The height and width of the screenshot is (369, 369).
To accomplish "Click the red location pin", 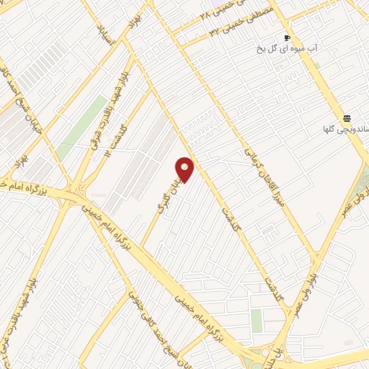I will pos(185,169).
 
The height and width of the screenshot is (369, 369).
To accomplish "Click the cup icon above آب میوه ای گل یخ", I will pos(287,37).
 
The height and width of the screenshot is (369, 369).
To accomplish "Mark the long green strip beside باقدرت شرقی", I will pos(83,126).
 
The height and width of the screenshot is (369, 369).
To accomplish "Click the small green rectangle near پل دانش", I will pos(257,319).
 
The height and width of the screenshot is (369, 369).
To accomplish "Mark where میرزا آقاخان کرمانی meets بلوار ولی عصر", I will pos(316,254).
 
